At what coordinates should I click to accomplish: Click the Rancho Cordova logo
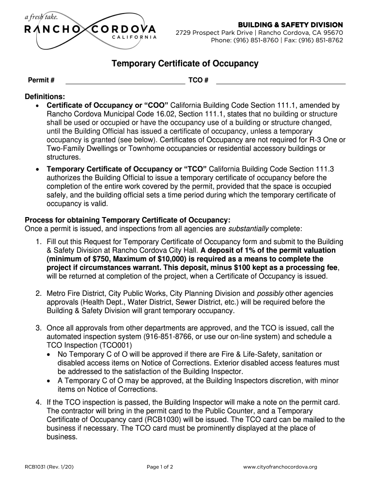(x=91, y=29)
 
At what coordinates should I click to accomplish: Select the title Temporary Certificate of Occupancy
(x=186, y=64)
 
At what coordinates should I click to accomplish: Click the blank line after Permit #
(x=125, y=80)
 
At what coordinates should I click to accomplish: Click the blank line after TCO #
(x=280, y=80)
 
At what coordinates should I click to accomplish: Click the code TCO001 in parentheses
(x=107, y=345)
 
